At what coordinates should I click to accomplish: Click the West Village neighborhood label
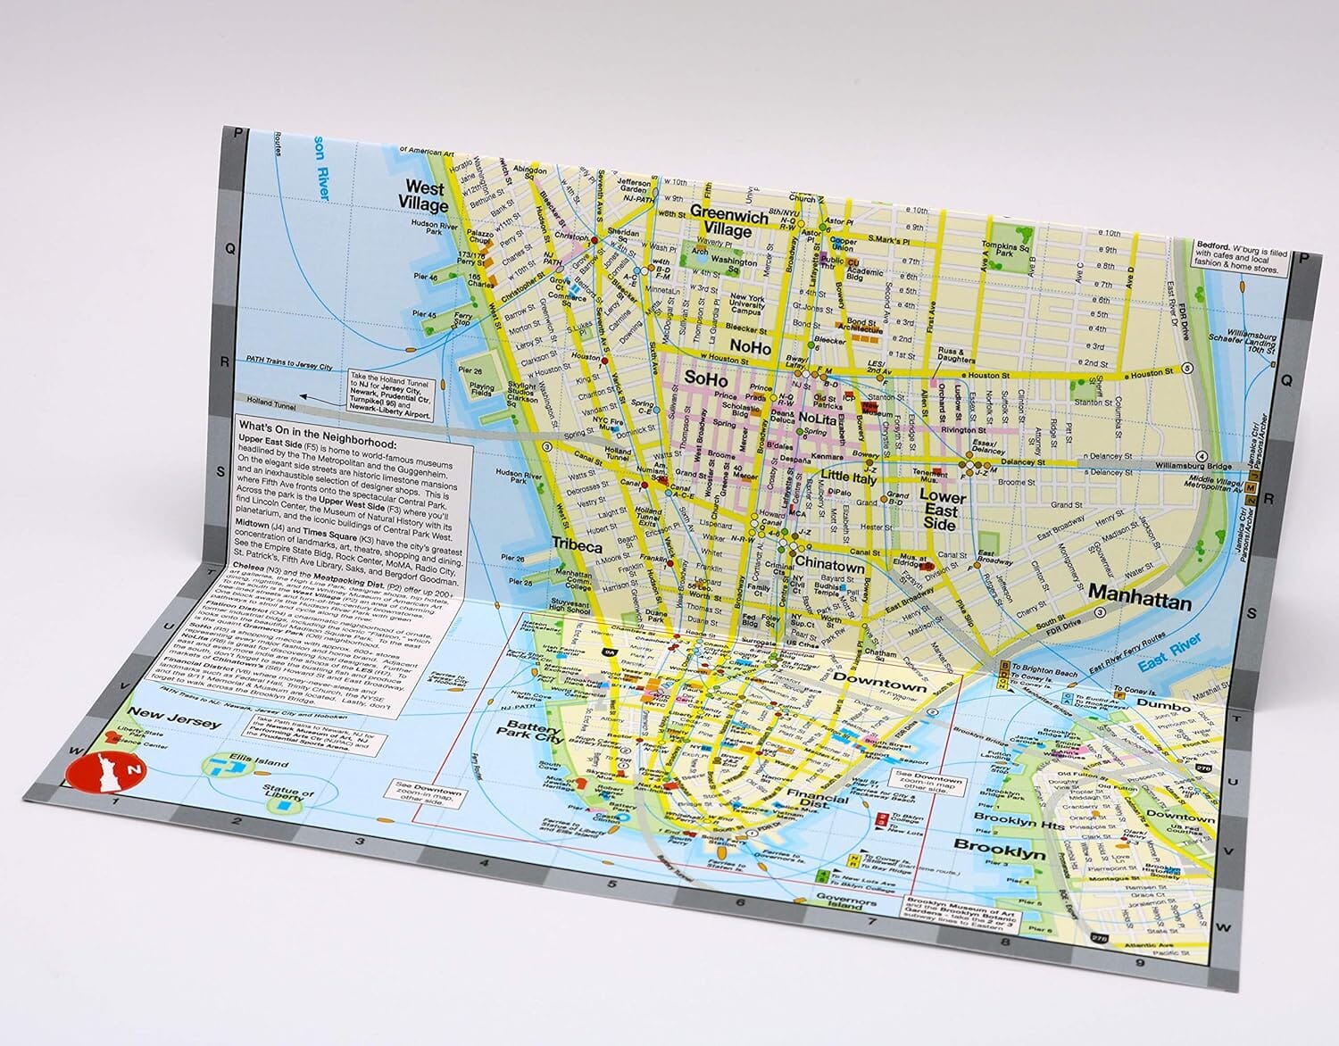pyautogui.click(x=424, y=195)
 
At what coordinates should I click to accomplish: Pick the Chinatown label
pyautogui.click(x=829, y=566)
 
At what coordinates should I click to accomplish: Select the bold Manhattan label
pyautogui.click(x=1140, y=602)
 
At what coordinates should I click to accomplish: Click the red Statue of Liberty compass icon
pyautogui.click(x=104, y=770)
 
